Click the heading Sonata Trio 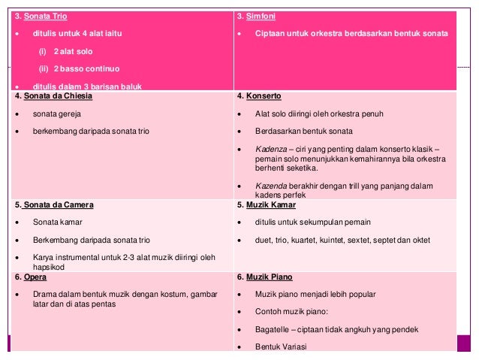click(x=45, y=16)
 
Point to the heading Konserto click(x=260, y=96)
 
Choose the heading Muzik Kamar click(x=270, y=204)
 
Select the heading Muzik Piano click(x=268, y=277)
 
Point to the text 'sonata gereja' click(x=56, y=113)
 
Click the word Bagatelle click(x=273, y=329)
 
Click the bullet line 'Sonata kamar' click(x=57, y=222)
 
